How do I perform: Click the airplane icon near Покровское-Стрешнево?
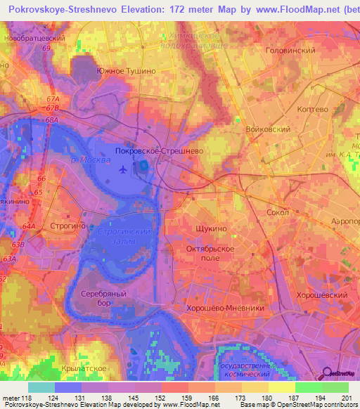pyautogui.click(x=124, y=169)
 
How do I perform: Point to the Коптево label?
pyautogui.click(x=311, y=110)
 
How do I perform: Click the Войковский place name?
pyautogui.click(x=268, y=130)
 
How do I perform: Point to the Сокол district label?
pyautogui.click(x=279, y=211)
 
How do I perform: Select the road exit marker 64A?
pyautogui.click(x=29, y=226)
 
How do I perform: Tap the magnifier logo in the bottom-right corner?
pyautogui.click(x=327, y=372)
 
